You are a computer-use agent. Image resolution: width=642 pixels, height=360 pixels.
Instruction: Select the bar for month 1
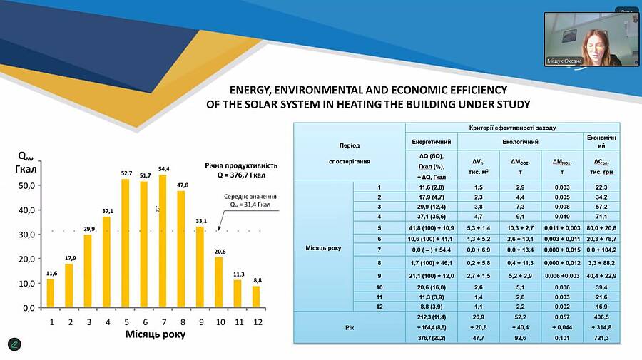pyautogui.click(x=51, y=293)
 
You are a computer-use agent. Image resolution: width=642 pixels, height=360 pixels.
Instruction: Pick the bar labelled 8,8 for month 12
pyautogui.click(x=257, y=297)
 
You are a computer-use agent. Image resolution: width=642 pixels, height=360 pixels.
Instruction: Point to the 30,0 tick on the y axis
pyautogui.click(x=26, y=235)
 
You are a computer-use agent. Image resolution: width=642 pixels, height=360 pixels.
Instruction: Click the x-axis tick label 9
pyautogui.click(x=200, y=322)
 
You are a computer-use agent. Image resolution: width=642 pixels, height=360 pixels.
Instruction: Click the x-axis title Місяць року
pyautogui.click(x=156, y=334)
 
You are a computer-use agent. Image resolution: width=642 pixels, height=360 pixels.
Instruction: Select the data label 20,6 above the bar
pyautogui.click(x=219, y=251)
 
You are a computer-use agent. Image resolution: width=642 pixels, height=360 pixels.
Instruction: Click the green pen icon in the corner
pyautogui.click(x=15, y=344)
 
